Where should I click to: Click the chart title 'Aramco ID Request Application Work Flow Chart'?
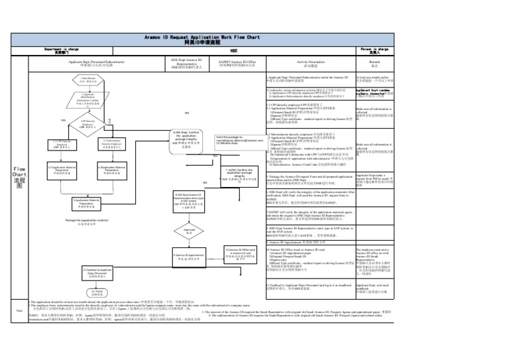254,38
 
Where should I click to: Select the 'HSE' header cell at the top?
234,50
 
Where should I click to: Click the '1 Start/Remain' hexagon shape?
92,80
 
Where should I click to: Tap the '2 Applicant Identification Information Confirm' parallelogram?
92,101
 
